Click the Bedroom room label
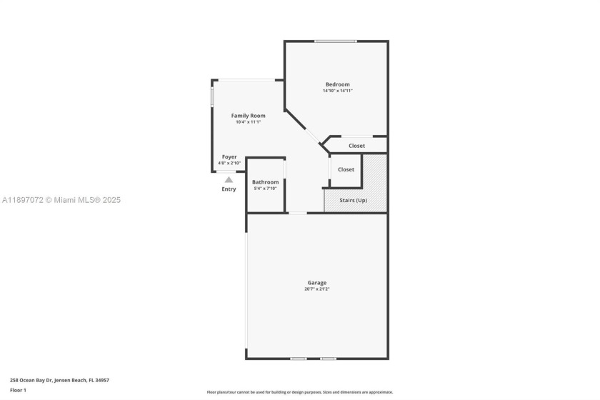338,84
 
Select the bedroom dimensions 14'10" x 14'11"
338,91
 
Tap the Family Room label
248,116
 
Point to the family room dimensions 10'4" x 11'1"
248,122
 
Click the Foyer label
229,156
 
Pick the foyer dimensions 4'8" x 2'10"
229,163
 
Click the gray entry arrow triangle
229,180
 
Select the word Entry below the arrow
229,189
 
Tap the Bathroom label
265,182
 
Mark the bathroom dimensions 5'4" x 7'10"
265,189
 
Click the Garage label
317,283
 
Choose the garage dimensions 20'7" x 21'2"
317,289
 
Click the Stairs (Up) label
353,201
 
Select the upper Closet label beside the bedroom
356,146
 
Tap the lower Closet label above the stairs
346,169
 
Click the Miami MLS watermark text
61,200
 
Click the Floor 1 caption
18,391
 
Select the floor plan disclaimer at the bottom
300,392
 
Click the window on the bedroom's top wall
336,41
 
